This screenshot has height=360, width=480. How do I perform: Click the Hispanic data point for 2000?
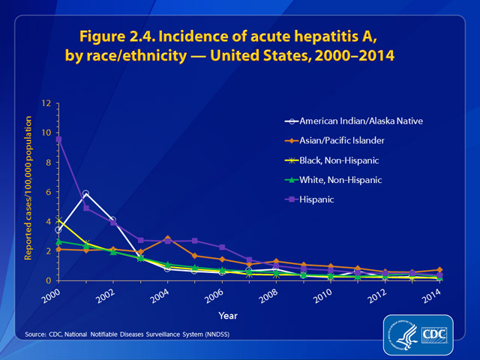coord(58,139)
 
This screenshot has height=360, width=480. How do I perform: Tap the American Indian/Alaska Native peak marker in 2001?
coord(86,194)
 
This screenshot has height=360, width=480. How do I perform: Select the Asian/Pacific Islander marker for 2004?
coord(167,238)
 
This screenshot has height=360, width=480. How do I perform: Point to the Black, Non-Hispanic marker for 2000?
coord(58,221)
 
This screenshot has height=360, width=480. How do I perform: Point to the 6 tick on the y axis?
coord(47,192)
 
